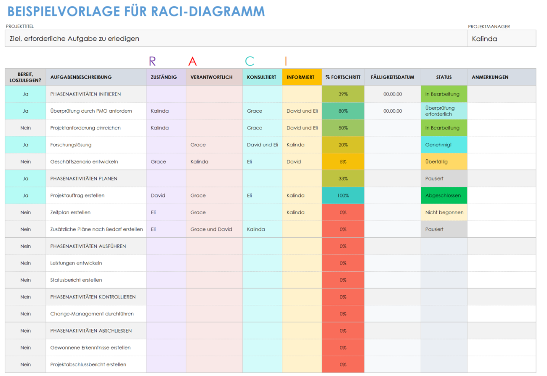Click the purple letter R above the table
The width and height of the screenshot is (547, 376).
[x=152, y=61]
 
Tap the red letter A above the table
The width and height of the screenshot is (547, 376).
[x=192, y=61]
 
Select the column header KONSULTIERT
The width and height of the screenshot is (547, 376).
[x=262, y=77]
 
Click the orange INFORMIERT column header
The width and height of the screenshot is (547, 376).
[x=300, y=77]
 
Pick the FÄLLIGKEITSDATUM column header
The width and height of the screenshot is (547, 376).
[x=392, y=77]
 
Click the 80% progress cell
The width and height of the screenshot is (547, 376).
[x=343, y=111]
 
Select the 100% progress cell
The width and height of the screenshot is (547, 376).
[x=343, y=196]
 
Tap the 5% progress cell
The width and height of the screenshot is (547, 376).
[x=343, y=162]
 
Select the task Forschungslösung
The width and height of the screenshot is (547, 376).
[x=71, y=145]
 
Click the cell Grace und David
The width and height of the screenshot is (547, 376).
[x=211, y=229]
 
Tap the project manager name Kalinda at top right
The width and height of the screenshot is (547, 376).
[x=484, y=39]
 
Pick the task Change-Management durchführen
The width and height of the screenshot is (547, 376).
[x=92, y=314]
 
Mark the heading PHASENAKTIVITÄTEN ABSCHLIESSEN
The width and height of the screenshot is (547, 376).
[x=91, y=331]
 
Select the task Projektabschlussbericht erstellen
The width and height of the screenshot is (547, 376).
[x=88, y=365]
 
